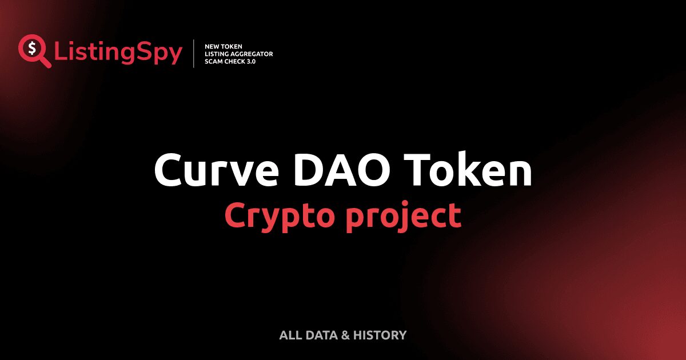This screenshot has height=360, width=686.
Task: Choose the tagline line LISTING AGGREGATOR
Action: (x=238, y=54)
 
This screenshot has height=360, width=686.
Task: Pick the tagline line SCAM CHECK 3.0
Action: (x=230, y=61)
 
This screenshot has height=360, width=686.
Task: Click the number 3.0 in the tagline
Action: (x=250, y=61)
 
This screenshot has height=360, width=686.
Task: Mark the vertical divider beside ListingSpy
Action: (x=194, y=54)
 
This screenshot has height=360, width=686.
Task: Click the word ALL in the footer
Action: (x=289, y=335)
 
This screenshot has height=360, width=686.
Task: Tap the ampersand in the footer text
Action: (x=345, y=335)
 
